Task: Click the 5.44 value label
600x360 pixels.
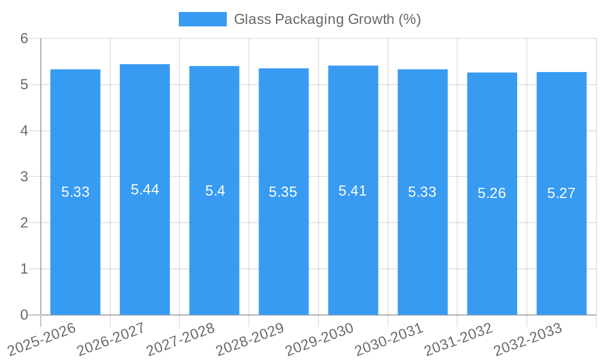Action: pyautogui.click(x=145, y=190)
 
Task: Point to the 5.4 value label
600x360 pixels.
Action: pyautogui.click(x=215, y=191)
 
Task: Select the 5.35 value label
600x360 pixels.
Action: pyautogui.click(x=283, y=192)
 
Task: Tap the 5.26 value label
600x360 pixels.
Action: pyautogui.click(x=492, y=193)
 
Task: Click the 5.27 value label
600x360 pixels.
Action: pyautogui.click(x=562, y=193)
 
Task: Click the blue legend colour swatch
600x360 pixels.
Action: pyautogui.click(x=202, y=19)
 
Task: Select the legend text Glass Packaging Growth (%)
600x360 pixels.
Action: pyautogui.click(x=327, y=19)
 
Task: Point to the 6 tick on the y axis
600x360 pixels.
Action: pyautogui.click(x=24, y=38)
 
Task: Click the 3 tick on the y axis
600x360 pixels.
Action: pyautogui.click(x=24, y=177)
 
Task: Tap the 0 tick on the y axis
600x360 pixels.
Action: pyautogui.click(x=24, y=315)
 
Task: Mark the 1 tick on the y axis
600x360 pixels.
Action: pyautogui.click(x=24, y=269)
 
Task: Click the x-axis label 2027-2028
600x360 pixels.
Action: pyautogui.click(x=181, y=338)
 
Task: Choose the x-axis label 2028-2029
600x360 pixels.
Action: pyautogui.click(x=250, y=338)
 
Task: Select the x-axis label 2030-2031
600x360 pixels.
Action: pyautogui.click(x=389, y=338)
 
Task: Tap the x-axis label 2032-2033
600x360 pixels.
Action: pyautogui.click(x=528, y=338)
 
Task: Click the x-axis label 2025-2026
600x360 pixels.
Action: pyautogui.click(x=42, y=338)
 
